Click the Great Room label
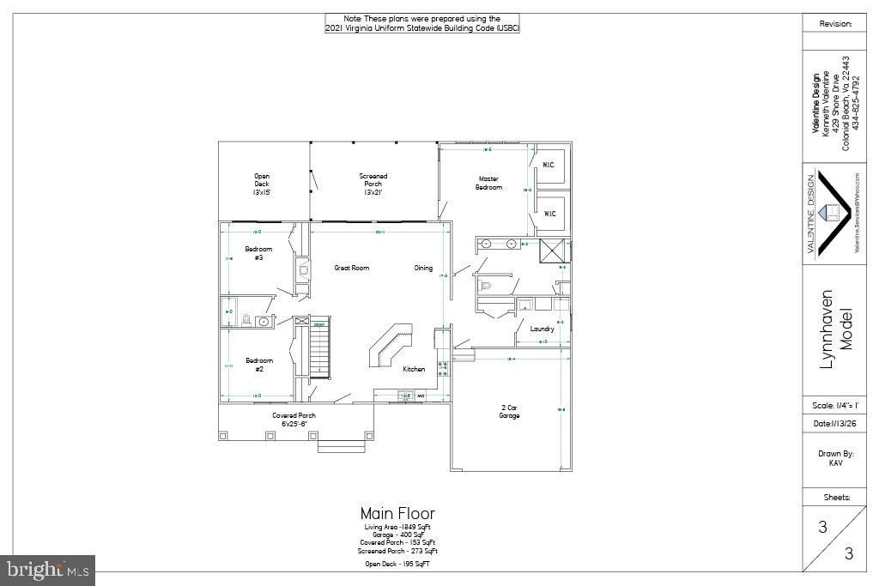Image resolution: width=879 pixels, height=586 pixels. click(352, 269)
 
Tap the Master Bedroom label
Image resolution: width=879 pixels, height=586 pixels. click(488, 184)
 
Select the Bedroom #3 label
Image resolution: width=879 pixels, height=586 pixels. click(259, 253)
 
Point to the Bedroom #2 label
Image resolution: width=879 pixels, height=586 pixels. click(259, 365)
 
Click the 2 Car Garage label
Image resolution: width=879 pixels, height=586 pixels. click(510, 411)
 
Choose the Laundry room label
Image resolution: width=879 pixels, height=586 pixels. click(542, 329)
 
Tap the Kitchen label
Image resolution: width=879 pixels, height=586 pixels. click(414, 369)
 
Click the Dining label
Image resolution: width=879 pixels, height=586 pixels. click(423, 269)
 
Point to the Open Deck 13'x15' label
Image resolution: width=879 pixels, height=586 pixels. click(262, 184)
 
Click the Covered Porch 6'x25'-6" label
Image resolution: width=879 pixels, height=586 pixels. click(294, 420)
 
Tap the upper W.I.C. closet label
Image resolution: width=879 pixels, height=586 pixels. click(549, 164)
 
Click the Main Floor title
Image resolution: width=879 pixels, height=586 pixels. click(397, 514)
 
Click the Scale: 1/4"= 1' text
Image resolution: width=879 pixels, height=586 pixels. click(828, 406)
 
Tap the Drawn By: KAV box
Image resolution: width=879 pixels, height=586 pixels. click(828, 457)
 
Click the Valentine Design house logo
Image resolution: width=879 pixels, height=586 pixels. click(830, 212)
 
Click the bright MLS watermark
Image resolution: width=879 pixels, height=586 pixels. click(48, 570)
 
